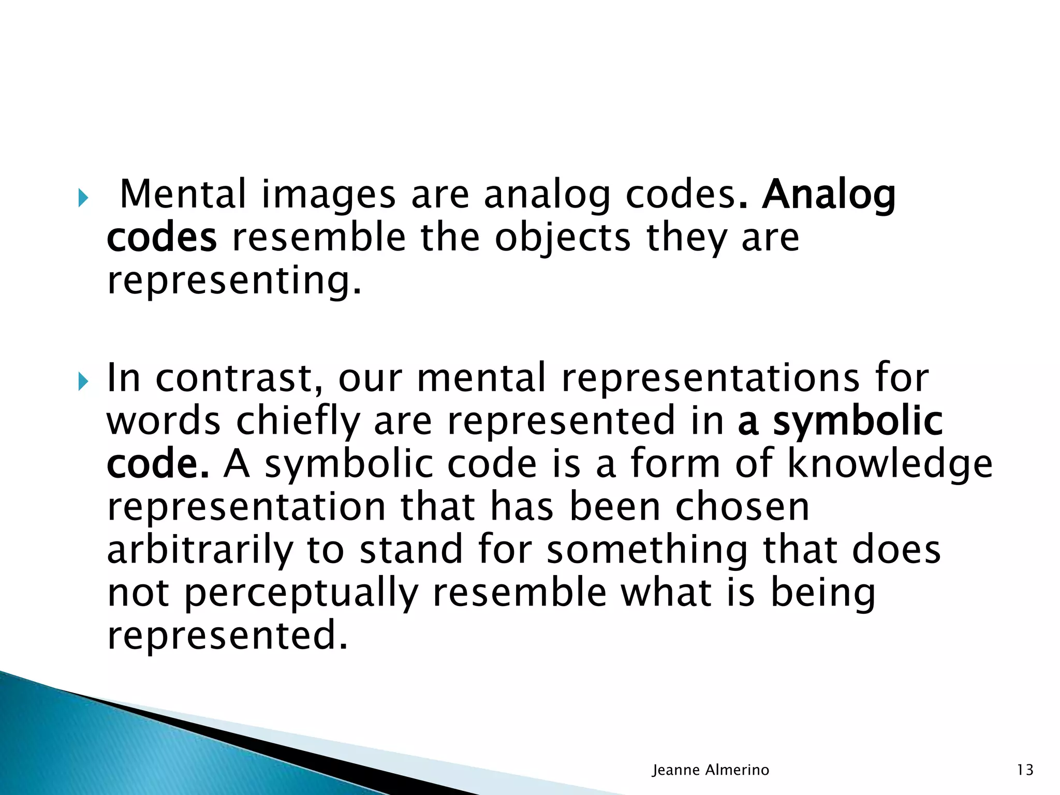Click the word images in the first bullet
pos(329,195)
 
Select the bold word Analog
pos(828,195)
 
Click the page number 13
pos(1025,770)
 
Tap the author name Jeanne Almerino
pos(711,770)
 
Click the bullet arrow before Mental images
pos(83,198)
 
